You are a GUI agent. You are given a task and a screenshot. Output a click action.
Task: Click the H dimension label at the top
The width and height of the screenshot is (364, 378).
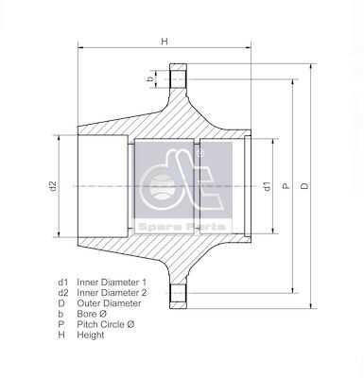165,42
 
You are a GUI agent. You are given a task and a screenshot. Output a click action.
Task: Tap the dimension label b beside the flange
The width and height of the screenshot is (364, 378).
150,78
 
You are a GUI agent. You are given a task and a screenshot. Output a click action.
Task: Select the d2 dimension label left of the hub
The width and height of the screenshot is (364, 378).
53,186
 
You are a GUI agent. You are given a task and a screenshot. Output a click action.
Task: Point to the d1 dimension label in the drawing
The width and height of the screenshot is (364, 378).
267,186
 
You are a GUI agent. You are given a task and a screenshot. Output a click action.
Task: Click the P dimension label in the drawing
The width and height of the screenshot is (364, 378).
286,186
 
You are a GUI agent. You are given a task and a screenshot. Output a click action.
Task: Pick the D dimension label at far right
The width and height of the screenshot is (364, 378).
304,186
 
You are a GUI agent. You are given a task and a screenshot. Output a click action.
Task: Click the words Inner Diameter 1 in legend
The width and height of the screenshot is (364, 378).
112,282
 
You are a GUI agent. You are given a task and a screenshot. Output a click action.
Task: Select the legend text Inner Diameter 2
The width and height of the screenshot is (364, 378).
112,293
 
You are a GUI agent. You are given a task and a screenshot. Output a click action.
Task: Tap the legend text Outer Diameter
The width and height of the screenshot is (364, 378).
109,303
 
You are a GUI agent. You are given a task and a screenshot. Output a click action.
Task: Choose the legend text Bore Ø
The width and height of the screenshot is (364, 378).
92,314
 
